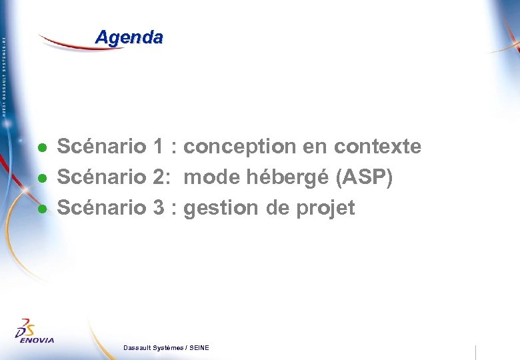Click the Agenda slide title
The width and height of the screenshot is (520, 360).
129,37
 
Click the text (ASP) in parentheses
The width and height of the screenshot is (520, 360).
366,178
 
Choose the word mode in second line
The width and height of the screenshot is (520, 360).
211,178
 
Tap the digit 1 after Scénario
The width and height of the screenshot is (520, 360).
159,147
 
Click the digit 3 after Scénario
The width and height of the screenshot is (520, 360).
159,208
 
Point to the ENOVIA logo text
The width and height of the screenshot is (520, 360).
36,340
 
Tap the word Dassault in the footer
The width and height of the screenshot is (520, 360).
139,348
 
